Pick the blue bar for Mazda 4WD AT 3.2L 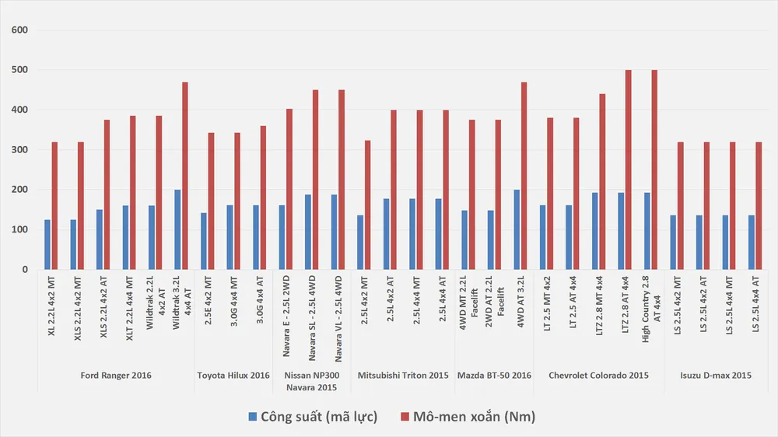[517, 229]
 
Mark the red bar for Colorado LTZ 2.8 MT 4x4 [602, 181]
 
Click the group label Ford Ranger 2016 [116, 376]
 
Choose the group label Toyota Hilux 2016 [233, 376]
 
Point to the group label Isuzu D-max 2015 [716, 376]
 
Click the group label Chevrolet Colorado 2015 [598, 376]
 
